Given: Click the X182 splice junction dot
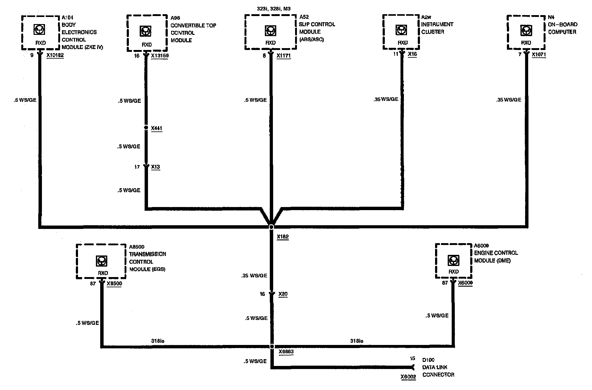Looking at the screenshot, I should tap(271, 227).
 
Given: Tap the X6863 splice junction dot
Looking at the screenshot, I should tap(272, 346).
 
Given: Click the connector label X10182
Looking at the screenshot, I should tap(55, 56).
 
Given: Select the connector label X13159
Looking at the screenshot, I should tap(160, 56).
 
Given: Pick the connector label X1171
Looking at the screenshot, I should tap(283, 56).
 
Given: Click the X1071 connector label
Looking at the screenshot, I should tap(539, 54).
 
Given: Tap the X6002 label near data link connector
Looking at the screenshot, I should tap(408, 377).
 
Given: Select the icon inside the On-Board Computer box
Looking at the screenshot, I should tap(526, 30).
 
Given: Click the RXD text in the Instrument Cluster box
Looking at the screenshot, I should tap(403, 43).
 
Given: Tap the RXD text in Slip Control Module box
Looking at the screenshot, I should tap(270, 43).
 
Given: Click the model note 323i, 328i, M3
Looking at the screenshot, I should tap(273, 9).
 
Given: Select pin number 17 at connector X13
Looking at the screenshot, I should tap(137, 167).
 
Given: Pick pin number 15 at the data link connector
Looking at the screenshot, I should tap(413, 359).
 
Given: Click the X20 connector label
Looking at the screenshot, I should tap(283, 294).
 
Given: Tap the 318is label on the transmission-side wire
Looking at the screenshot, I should tap(158, 341).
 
